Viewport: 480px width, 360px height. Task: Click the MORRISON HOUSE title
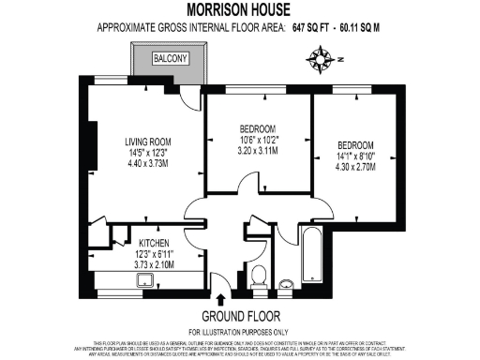coord(240,9)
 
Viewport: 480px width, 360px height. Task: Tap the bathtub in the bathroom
coord(310,255)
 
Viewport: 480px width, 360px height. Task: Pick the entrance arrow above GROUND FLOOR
coord(220,299)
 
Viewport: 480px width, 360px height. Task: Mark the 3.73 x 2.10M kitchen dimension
coord(133,265)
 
